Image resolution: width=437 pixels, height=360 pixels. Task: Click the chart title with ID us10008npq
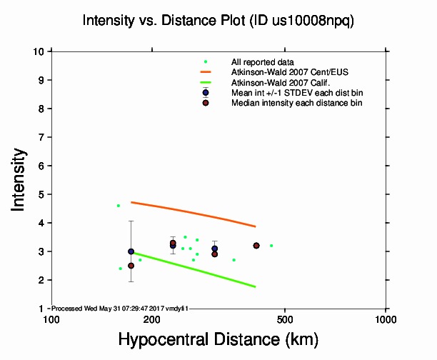218,21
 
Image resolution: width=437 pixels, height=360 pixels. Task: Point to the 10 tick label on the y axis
40,51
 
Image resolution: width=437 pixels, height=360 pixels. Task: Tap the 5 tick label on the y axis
43,194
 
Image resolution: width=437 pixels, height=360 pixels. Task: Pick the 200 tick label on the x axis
151,319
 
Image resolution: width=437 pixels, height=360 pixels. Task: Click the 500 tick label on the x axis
285,319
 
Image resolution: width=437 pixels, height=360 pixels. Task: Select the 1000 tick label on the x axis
386,319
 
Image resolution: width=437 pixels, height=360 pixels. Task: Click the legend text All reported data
262,62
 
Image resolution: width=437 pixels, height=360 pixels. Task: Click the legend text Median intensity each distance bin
296,104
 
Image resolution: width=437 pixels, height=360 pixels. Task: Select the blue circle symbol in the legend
206,93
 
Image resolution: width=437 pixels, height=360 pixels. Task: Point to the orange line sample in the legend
206,72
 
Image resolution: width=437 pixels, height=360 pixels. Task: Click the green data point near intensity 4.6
119,206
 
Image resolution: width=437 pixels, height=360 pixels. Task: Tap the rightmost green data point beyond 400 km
271,246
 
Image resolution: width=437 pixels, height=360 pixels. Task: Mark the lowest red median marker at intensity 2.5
131,266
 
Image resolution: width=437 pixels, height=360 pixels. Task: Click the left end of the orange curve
131,203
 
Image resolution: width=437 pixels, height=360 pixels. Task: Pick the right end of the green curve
256,286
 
